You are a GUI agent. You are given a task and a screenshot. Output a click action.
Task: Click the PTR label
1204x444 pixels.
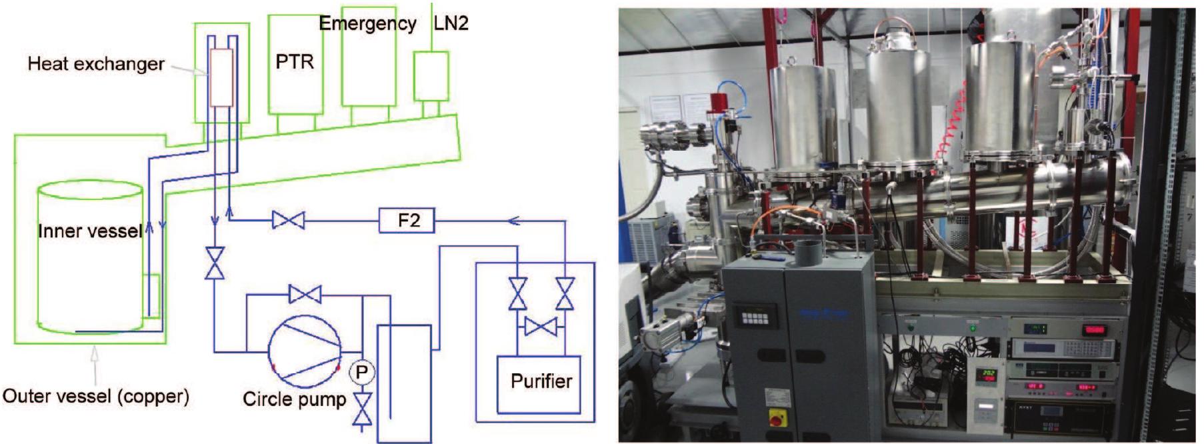(x=294, y=62)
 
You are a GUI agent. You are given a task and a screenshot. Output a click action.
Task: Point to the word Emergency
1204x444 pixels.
(x=367, y=24)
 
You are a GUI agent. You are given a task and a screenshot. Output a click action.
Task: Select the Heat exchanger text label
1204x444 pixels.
(x=96, y=64)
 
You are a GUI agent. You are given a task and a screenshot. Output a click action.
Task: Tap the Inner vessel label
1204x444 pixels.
(x=89, y=231)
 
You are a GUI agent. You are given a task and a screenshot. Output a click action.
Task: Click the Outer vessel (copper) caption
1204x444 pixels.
(x=96, y=397)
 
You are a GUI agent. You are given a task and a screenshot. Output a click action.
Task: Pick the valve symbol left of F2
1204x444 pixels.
(x=288, y=220)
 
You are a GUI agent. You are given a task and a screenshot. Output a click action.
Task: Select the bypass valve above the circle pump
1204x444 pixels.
(x=305, y=294)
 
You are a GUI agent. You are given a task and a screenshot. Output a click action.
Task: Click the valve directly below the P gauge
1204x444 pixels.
(x=361, y=408)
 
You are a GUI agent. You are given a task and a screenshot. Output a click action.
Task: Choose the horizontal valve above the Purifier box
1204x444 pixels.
(x=541, y=327)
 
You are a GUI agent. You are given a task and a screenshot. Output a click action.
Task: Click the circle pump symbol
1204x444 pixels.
(x=304, y=350)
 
